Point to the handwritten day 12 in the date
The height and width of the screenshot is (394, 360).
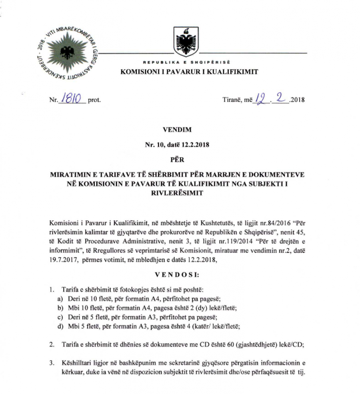pyautogui.click(x=262, y=98)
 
